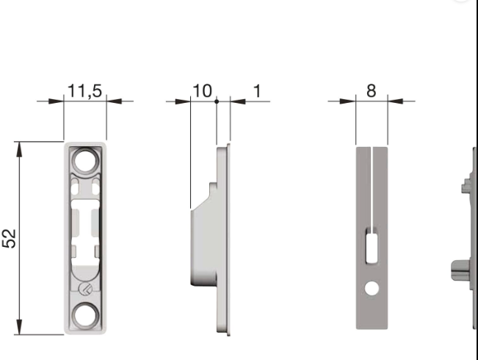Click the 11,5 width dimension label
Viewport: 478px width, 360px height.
click(85, 91)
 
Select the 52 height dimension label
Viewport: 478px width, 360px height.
click(10, 238)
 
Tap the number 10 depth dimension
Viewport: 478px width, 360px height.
click(202, 91)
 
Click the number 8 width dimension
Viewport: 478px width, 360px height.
click(371, 91)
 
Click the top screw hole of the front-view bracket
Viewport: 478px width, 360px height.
click(85, 160)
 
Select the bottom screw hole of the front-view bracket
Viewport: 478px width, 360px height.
click(85, 317)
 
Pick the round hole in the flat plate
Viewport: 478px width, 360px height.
click(371, 289)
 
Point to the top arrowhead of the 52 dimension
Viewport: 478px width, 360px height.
click(19, 148)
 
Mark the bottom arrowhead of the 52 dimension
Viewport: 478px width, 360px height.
click(19, 328)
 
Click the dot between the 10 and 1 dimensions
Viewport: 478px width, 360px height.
click(217, 101)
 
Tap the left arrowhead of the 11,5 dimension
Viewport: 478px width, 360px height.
click(58, 101)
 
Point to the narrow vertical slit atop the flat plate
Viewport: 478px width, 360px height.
click(372, 184)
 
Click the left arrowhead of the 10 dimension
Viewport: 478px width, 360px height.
click(184, 101)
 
